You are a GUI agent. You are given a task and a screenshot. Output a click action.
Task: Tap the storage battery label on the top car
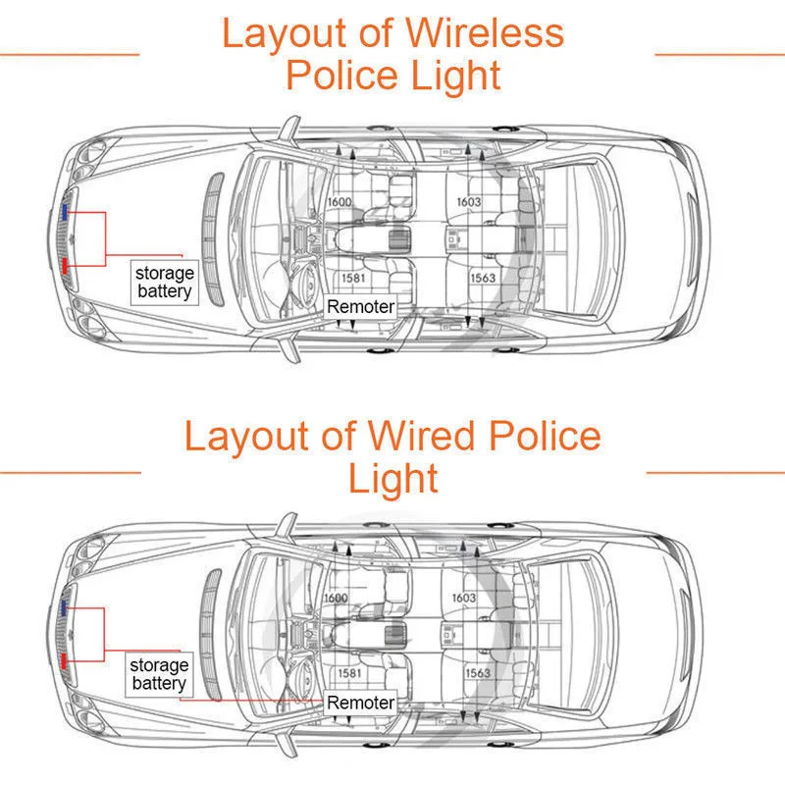click(x=165, y=283)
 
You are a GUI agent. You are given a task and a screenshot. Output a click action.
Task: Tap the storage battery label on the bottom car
click(x=159, y=675)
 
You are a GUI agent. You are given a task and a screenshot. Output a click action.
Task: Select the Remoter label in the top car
click(x=360, y=307)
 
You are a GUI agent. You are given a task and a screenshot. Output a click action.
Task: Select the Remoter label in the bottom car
click(x=360, y=703)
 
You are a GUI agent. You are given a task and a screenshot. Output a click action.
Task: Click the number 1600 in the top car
click(x=339, y=202)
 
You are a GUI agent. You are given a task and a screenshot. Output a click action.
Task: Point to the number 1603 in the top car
click(x=468, y=202)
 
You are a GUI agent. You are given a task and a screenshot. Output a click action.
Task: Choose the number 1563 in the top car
click(x=483, y=278)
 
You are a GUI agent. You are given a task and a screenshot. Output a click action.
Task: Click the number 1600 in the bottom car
click(x=336, y=598)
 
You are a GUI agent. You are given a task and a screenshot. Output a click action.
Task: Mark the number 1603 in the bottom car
click(x=464, y=598)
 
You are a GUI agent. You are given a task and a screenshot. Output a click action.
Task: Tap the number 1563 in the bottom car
click(x=478, y=673)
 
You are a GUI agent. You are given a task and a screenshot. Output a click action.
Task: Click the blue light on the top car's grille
click(x=65, y=211)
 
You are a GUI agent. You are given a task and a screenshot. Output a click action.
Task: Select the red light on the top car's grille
click(x=65, y=265)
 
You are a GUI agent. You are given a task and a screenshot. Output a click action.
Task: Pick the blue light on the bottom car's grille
click(x=64, y=608)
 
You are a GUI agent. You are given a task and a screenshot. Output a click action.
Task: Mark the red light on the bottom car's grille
click(x=64, y=660)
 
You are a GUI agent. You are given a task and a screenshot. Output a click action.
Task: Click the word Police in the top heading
click(x=340, y=77)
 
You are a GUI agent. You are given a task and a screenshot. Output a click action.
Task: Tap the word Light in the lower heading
click(x=392, y=479)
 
